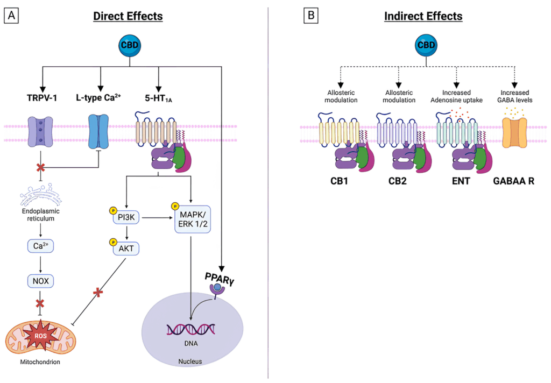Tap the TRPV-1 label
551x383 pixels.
[x=43, y=98]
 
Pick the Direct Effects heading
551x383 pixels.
[x=128, y=16]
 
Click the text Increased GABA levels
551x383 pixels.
[x=515, y=96]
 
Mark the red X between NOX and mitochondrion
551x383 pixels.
[x=39, y=303]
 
